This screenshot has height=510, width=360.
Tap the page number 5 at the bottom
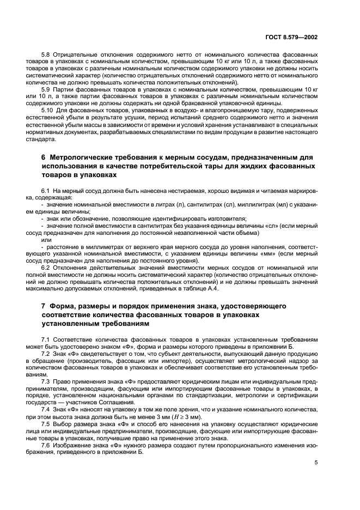point(316,462)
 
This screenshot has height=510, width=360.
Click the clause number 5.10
point(48,110)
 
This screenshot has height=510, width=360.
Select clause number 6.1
point(47,191)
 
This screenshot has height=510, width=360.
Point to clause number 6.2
point(47,267)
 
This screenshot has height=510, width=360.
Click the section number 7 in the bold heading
point(44,306)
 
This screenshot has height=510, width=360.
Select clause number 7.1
point(47,340)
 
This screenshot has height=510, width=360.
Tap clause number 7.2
point(47,354)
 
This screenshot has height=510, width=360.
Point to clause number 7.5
point(47,423)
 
